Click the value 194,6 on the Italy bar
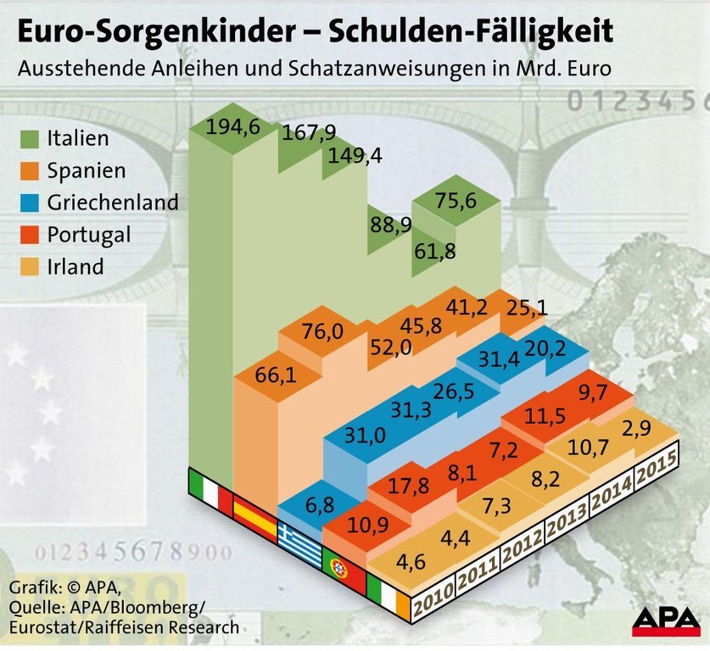point(231,128)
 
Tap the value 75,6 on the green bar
point(456,200)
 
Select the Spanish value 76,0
point(322,331)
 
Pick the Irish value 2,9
point(656,427)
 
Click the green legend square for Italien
point(31,137)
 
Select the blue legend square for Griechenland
point(31,203)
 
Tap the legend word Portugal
point(89,235)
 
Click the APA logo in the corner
point(665,621)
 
